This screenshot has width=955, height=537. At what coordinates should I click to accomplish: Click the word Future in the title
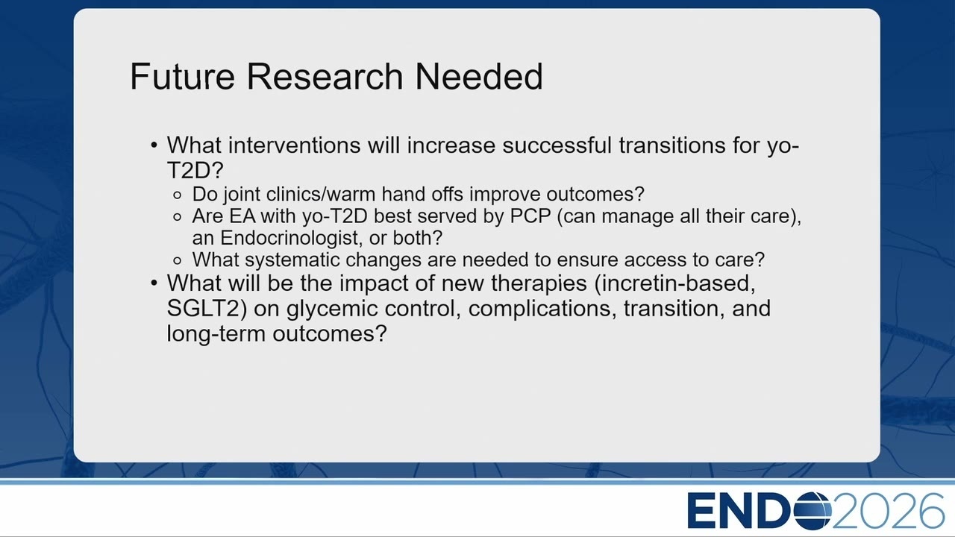pyautogui.click(x=183, y=76)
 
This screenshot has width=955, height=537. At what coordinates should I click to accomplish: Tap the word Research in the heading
pyautogui.click(x=325, y=76)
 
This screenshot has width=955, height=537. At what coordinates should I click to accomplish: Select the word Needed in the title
pyautogui.click(x=479, y=76)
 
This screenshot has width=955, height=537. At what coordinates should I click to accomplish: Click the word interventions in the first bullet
pyautogui.click(x=295, y=145)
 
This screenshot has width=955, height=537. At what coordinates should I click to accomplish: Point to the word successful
pyautogui.click(x=557, y=145)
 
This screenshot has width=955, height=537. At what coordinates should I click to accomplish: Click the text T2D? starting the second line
pyautogui.click(x=195, y=170)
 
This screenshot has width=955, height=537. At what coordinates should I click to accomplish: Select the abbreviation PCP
pyautogui.click(x=530, y=216)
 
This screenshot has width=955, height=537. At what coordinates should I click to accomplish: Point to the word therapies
pyautogui.click(x=539, y=283)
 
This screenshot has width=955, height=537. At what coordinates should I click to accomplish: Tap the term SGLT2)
pyautogui.click(x=207, y=308)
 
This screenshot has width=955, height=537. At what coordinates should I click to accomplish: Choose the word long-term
pyautogui.click(x=216, y=333)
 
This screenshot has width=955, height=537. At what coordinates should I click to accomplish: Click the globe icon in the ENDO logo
pyautogui.click(x=812, y=510)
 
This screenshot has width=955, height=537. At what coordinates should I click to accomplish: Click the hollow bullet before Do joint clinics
pyautogui.click(x=178, y=195)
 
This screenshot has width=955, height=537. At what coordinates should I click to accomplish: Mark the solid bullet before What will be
pyautogui.click(x=154, y=283)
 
